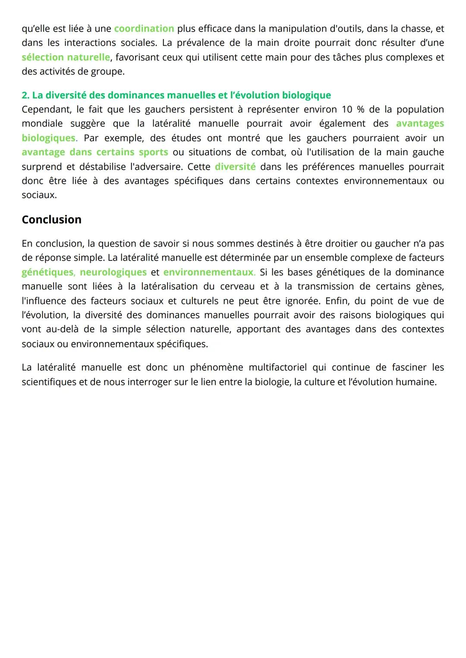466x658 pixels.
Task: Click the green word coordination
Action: click(144, 29)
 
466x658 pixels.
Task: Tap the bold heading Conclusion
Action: click(51, 219)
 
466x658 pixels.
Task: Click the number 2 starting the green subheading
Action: click(25, 95)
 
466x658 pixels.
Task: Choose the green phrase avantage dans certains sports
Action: click(95, 152)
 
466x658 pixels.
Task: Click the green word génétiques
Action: click(47, 273)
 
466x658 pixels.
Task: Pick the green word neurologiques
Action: click(113, 273)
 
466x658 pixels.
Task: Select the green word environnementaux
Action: click(208, 273)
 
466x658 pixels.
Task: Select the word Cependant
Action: click(46, 110)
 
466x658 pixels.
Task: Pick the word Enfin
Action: click(337, 301)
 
